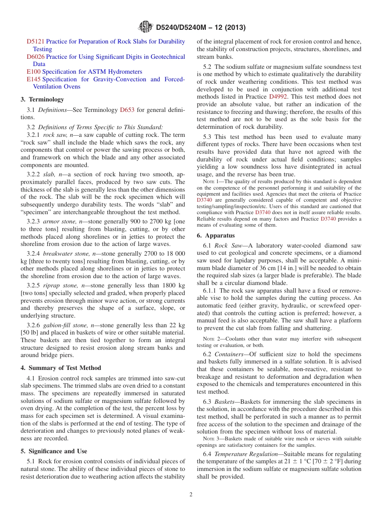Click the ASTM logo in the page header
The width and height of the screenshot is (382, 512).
tap(145, 27)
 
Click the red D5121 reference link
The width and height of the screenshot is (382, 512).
tap(35, 41)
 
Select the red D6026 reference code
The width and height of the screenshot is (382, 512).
tap(35, 57)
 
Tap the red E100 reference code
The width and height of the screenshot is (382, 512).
tap(33, 72)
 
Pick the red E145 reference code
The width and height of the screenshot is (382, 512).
tap(33, 79)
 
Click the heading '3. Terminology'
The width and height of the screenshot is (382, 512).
tap(42, 99)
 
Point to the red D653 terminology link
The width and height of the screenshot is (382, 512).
tap(127, 110)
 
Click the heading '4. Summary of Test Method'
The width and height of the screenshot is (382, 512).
tap(61, 368)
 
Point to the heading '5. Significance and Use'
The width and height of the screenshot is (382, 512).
tap(54, 451)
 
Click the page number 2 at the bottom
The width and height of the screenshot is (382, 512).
tap(191, 495)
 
